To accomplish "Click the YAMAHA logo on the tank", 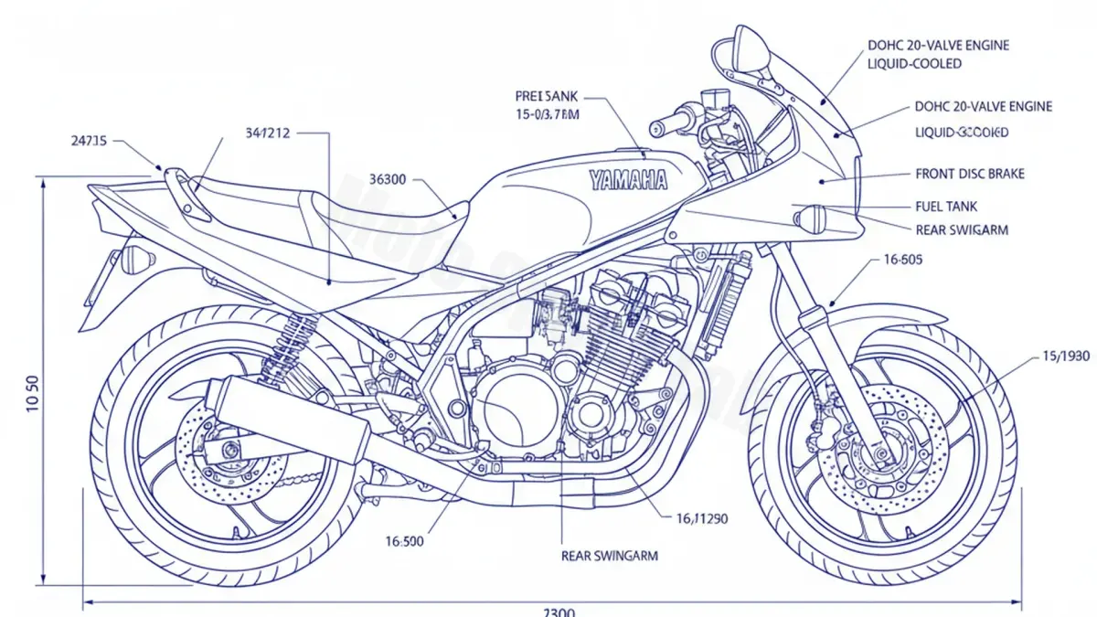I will click(628, 179).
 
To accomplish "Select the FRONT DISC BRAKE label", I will click(969, 174).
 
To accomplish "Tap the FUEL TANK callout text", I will click(946, 207).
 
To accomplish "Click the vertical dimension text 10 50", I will click(33, 394).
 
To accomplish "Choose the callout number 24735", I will click(89, 141).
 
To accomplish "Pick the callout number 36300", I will click(387, 179).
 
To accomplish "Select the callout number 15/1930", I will click(1066, 356).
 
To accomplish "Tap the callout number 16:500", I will click(404, 541).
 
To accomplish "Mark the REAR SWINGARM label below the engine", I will click(609, 555).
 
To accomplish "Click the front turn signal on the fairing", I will click(810, 218).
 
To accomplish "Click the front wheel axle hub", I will click(880, 452).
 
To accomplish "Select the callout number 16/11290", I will click(701, 519).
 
